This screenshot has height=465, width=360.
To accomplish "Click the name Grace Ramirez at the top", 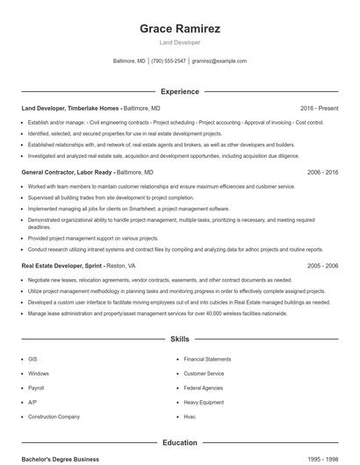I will tap(180, 28).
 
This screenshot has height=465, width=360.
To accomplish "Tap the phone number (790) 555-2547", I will tap(169, 61).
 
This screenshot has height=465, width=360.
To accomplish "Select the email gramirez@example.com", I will tap(220, 61).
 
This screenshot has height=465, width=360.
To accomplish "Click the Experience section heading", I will tap(180, 91).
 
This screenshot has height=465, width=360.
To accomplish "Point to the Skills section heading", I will tap(180, 338).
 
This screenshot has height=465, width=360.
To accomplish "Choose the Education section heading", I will tap(180, 443).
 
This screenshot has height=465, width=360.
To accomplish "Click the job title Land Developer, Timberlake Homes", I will tap(70, 108).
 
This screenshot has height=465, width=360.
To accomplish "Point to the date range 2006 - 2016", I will tap(321, 173).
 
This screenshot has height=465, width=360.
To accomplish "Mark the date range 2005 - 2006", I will tap(321, 265).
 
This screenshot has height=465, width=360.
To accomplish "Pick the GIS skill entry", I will tap(32, 359).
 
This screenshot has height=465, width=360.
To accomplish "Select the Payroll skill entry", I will tap(36, 387).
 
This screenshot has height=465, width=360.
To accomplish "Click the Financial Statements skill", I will tap(207, 359).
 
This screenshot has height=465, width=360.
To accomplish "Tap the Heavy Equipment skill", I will tap(203, 401).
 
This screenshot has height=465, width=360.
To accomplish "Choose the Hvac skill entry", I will tap(189, 415).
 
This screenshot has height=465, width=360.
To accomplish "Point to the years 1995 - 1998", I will tap(321, 459).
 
